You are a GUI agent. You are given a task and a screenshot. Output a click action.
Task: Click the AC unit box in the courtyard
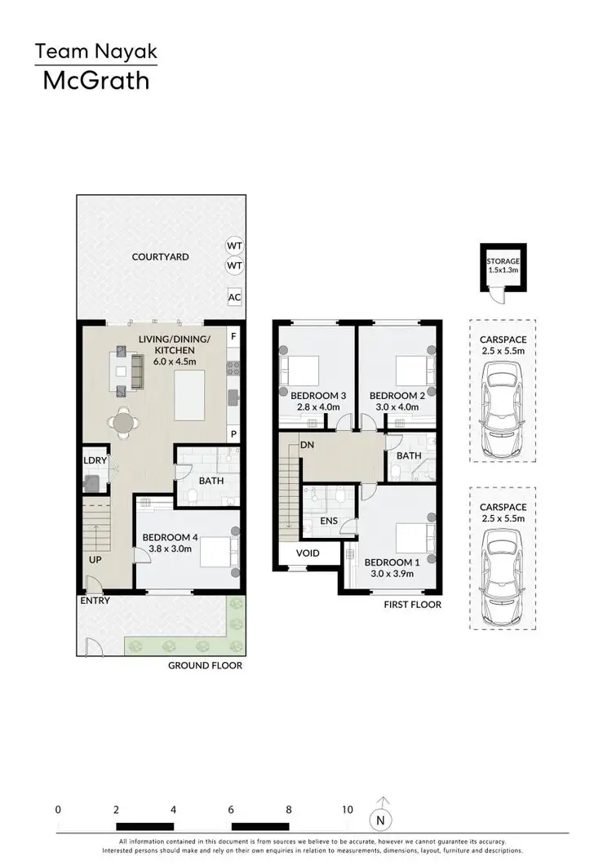(x=234, y=297)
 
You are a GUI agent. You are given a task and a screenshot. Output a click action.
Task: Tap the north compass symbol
(x=379, y=819)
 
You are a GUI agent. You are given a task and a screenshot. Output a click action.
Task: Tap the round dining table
(x=122, y=423)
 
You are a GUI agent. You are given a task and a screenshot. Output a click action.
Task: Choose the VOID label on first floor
(x=308, y=553)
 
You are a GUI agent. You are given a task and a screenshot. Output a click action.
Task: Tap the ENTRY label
(x=94, y=601)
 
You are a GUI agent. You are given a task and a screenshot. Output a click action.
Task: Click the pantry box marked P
(x=233, y=434)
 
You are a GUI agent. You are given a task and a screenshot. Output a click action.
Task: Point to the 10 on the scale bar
(x=348, y=810)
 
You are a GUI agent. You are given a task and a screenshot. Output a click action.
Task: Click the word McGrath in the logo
(x=95, y=80)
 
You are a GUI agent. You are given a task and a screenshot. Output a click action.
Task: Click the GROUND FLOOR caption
(x=205, y=665)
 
